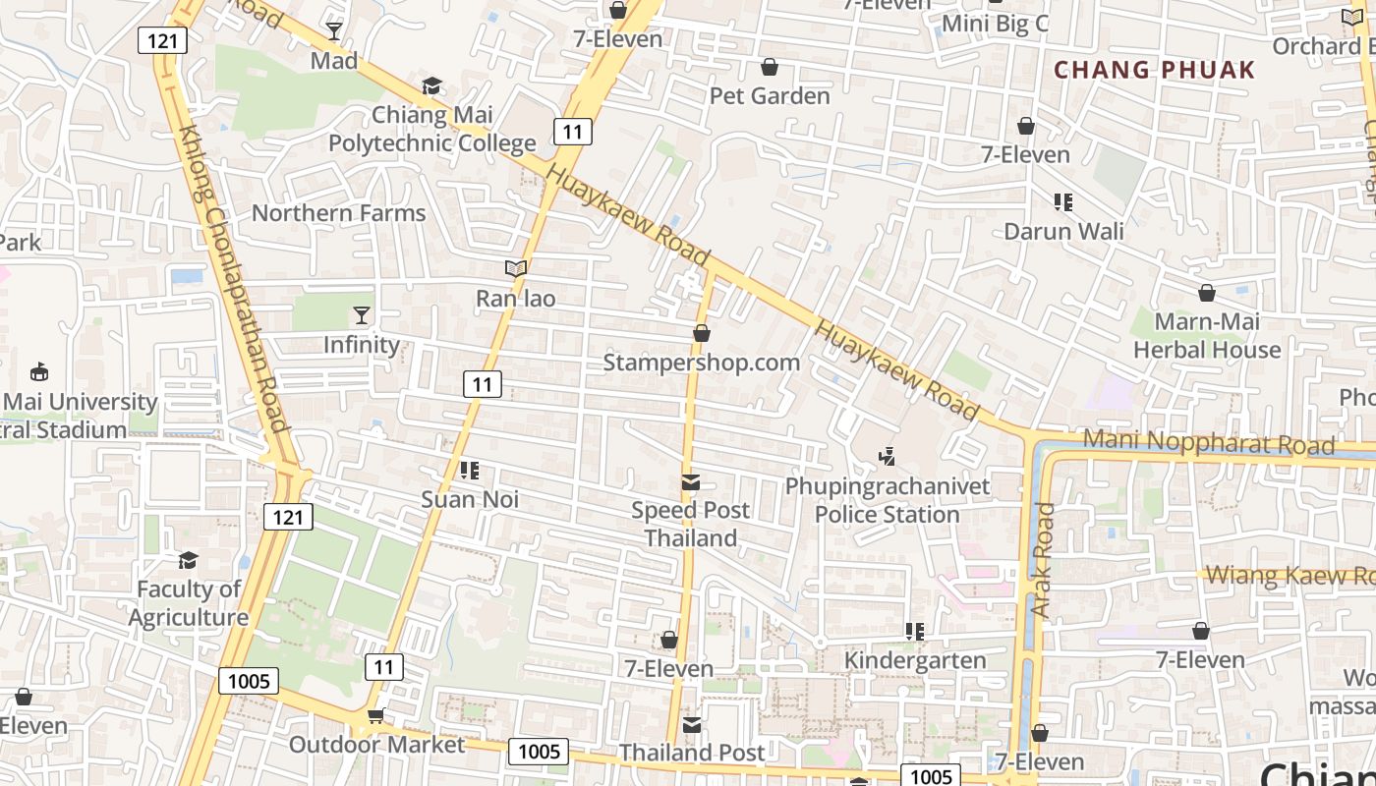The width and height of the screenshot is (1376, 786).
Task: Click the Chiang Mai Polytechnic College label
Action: (x=431, y=129)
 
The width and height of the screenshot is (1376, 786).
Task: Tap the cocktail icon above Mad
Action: (x=334, y=31)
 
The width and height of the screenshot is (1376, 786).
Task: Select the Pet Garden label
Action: (x=770, y=96)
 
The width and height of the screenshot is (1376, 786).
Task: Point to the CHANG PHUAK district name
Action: (x=1155, y=70)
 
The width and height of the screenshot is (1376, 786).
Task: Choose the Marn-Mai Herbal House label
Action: (x=1207, y=336)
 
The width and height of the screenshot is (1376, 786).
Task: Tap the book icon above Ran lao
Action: (x=516, y=268)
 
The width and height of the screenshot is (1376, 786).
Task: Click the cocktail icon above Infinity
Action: (x=362, y=315)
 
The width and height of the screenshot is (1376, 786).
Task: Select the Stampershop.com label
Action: (x=701, y=363)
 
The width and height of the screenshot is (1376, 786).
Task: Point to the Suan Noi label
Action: (x=470, y=499)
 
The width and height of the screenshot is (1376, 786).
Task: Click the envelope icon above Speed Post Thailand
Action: (x=691, y=482)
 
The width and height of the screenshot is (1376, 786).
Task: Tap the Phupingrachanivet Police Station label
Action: (x=887, y=500)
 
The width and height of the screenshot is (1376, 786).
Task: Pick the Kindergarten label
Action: (x=915, y=660)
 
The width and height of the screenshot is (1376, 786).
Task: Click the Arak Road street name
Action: (x=1043, y=560)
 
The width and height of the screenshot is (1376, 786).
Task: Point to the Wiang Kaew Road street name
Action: (x=1288, y=575)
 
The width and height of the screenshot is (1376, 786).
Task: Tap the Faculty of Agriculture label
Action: (x=188, y=603)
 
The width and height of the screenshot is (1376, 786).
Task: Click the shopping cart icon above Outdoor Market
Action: (x=375, y=716)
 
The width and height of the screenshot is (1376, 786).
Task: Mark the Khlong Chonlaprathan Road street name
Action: (x=233, y=285)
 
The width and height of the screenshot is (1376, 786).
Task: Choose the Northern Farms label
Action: (x=338, y=213)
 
